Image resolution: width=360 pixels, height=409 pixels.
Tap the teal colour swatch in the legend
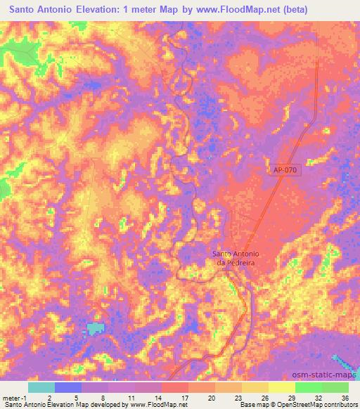click(x=41, y=387)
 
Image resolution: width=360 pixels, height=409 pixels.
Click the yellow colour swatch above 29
click(x=282, y=387)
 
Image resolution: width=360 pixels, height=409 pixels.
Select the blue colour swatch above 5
click(x=68, y=387)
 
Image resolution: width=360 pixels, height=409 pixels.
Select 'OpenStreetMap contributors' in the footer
click(x=314, y=405)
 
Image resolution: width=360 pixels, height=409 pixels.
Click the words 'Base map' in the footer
click(x=252, y=405)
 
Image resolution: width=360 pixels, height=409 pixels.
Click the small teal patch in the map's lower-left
click(x=97, y=328)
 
